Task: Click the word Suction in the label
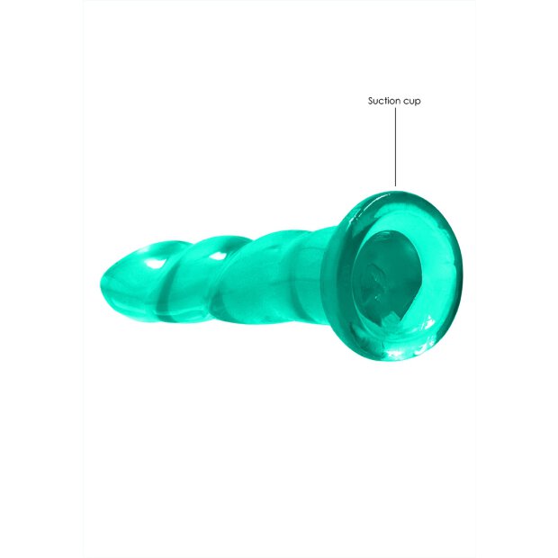[x=384, y=101]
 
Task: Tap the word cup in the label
[x=412, y=102]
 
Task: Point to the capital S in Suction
[x=371, y=101]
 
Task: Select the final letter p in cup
[x=418, y=102]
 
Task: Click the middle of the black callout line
[x=395, y=148]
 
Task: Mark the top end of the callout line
[x=395, y=112]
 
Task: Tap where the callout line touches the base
[x=395, y=186]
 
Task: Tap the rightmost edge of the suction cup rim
[x=459, y=270]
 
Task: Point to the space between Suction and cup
[x=401, y=102]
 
